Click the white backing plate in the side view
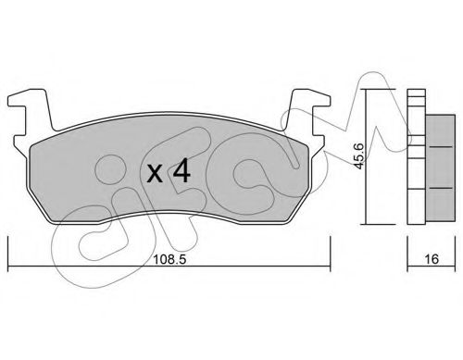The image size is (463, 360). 413,157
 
